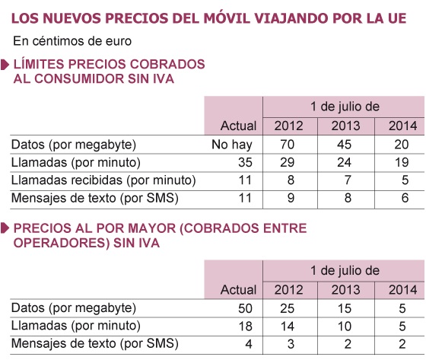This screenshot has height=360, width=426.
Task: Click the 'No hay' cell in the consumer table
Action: tap(232, 145)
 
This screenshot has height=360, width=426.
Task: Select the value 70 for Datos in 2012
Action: tap(288, 145)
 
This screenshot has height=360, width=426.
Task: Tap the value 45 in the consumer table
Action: tap(344, 145)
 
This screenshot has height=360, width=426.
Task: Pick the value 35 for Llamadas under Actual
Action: tap(245, 162)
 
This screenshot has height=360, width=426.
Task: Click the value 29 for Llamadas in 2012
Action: tap(288, 162)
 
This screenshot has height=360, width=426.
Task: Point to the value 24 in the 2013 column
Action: tap(344, 162)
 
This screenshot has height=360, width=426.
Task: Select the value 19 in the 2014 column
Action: tap(402, 162)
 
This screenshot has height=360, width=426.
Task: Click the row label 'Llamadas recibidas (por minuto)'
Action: tap(103, 180)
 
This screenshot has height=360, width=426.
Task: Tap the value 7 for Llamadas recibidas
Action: tap(348, 180)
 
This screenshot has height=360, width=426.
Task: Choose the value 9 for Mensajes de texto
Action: tap(291, 198)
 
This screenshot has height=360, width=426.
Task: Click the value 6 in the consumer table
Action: tap(405, 198)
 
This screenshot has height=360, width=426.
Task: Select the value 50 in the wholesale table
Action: tap(245, 308)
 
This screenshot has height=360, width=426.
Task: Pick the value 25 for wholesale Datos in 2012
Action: tap(288, 308)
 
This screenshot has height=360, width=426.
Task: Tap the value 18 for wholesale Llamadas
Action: tap(245, 327)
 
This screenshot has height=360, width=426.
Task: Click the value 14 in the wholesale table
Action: tap(288, 327)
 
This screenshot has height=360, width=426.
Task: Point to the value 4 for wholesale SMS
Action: tap(249, 344)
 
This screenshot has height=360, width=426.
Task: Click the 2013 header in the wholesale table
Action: tap(345, 290)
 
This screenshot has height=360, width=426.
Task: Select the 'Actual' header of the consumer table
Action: tap(238, 126)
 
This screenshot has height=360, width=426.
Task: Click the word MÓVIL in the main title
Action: tap(227, 18)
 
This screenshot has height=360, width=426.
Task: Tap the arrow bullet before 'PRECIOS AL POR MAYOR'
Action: tap(5, 228)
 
